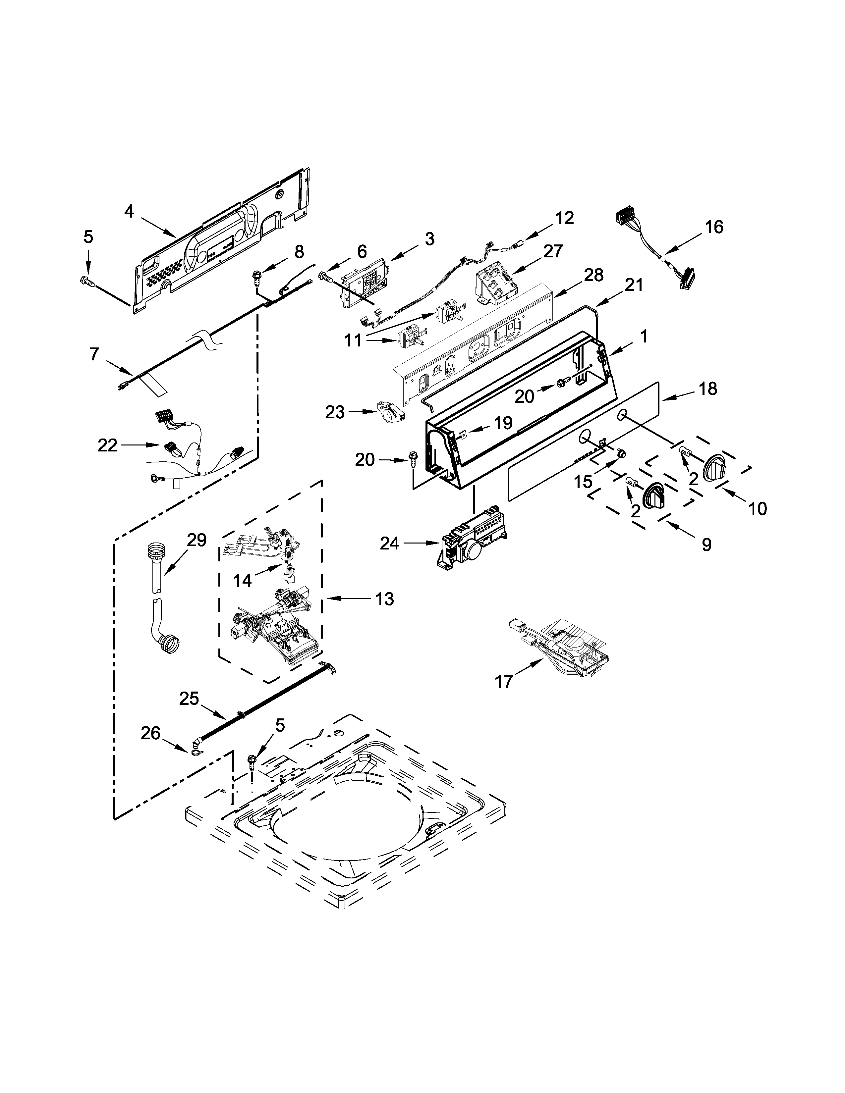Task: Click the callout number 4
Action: [x=129, y=212]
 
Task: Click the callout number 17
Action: [x=504, y=681]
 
